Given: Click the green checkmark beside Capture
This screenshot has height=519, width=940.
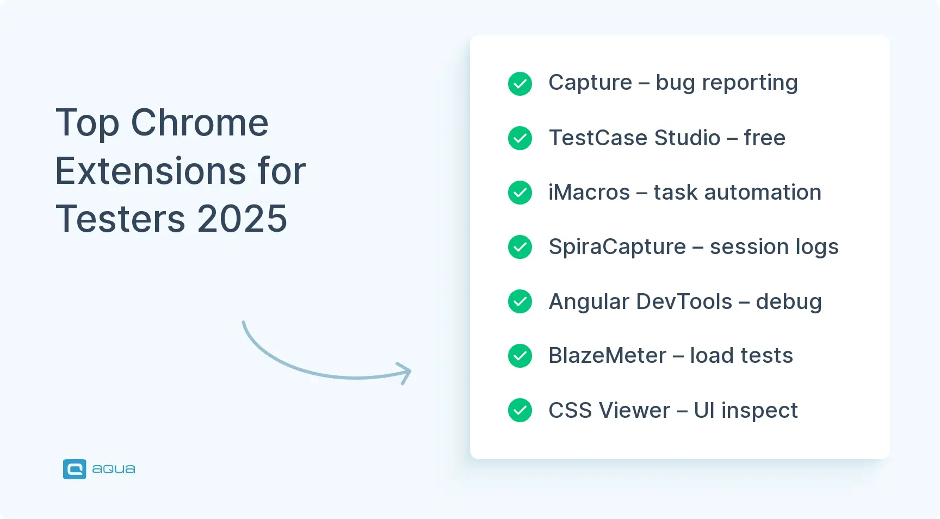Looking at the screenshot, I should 520,84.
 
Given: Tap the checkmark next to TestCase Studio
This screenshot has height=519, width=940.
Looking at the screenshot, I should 520,138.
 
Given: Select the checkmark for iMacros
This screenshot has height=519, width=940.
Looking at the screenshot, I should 520,193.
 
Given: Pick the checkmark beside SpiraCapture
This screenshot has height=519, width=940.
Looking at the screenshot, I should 520,247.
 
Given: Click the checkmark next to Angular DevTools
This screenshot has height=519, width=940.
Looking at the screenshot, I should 520,301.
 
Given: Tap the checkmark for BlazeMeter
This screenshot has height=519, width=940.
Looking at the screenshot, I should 520,356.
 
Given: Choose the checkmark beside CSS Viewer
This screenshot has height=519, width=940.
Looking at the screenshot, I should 520,410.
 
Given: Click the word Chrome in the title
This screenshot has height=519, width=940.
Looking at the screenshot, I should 200,123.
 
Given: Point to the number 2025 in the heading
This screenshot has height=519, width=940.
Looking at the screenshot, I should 242,219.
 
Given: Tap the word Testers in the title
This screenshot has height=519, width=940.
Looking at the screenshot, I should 121,219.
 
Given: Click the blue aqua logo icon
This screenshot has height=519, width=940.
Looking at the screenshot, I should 75,469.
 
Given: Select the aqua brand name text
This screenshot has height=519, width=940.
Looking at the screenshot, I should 114,469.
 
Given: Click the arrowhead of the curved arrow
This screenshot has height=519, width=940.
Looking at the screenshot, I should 405,373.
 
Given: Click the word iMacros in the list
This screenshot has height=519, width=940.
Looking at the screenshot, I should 589,193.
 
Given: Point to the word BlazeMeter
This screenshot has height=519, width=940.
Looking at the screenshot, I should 607,356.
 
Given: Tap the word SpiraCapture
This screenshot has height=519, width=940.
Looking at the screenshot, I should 617,247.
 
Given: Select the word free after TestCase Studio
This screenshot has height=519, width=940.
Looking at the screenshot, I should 764,138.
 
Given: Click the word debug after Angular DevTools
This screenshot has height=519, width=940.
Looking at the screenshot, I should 788,302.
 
